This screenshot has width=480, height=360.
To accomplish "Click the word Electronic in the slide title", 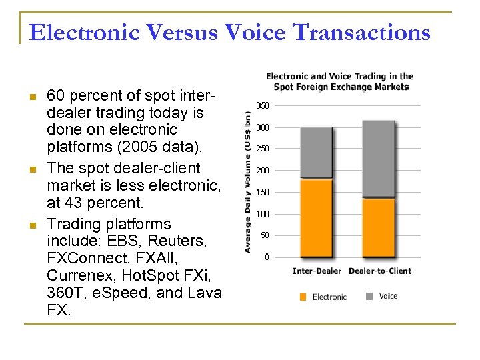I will tap(84, 31).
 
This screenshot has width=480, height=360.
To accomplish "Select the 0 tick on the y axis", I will tap(266, 257).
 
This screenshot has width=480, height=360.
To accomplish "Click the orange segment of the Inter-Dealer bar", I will tap(317, 217).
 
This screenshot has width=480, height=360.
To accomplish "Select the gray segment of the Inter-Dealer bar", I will tap(317, 152).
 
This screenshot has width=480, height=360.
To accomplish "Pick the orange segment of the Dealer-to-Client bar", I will tap(379, 227).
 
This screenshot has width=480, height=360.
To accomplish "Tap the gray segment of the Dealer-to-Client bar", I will tap(379, 159).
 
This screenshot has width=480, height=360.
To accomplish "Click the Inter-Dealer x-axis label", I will tap(317, 271).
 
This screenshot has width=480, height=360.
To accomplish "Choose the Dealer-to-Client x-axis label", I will tap(380, 271).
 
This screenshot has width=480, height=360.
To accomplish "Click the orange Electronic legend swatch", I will tap(303, 297).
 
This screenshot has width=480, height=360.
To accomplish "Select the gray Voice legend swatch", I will tap(369, 296).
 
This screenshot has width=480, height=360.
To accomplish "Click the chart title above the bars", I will tap(340, 81).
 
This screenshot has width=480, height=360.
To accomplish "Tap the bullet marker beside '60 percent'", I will tap(32, 97).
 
